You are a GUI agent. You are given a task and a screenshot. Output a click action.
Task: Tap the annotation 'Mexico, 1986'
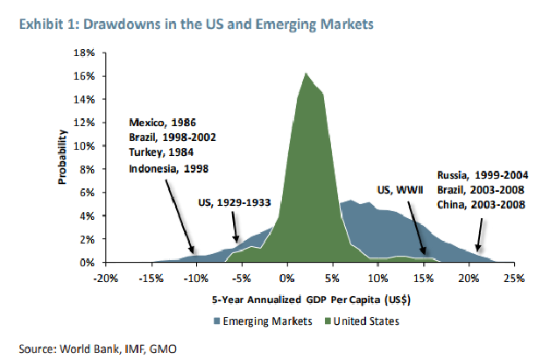pos(162,123)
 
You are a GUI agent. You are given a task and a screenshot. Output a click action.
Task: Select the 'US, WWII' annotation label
pos(401,189)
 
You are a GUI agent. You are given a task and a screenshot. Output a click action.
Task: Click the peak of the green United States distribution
pos(306,73)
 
